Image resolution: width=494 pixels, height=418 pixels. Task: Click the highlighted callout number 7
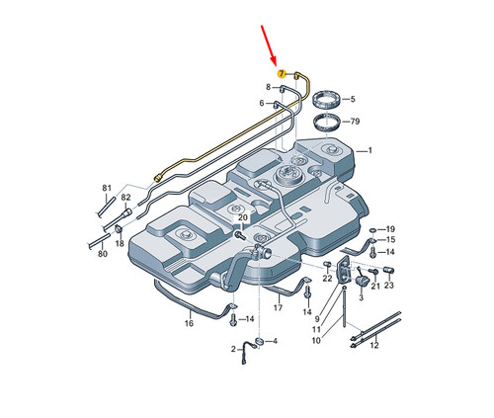(x=281, y=74)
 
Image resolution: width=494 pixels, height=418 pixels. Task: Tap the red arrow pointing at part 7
(x=269, y=44)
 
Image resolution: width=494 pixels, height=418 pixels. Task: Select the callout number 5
(x=353, y=99)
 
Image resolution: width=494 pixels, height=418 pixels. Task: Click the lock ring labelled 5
(x=325, y=100)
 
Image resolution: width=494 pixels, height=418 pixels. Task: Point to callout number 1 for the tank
(x=370, y=150)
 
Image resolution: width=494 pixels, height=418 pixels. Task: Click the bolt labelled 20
(x=239, y=235)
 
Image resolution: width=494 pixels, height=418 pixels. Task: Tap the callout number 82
(x=125, y=198)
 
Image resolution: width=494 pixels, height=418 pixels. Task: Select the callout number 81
(x=107, y=188)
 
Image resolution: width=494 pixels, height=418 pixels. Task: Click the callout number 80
(x=103, y=254)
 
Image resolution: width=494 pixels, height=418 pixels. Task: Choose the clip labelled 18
(x=119, y=229)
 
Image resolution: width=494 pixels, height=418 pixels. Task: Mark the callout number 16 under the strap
(x=189, y=323)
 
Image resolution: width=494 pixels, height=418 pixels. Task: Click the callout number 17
(x=278, y=307)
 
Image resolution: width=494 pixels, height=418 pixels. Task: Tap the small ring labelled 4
(x=259, y=341)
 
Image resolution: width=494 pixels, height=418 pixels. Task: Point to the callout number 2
(x=233, y=349)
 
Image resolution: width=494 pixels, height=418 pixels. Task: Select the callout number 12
(x=374, y=345)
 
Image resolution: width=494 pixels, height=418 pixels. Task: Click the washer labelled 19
(x=373, y=230)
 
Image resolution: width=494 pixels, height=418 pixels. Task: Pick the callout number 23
(x=389, y=285)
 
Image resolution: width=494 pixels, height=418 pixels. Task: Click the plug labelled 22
(x=327, y=264)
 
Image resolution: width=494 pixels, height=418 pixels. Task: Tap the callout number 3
(x=361, y=297)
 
